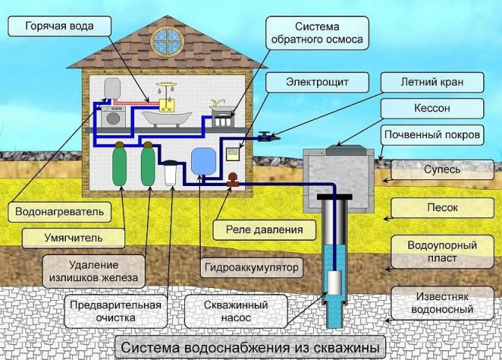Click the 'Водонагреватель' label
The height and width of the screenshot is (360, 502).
[x=59, y=211]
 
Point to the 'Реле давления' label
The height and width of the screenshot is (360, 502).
[x=258, y=229]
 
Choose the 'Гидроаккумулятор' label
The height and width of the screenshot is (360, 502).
[x=250, y=267]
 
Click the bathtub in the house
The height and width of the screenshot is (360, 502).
[x=166, y=118]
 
